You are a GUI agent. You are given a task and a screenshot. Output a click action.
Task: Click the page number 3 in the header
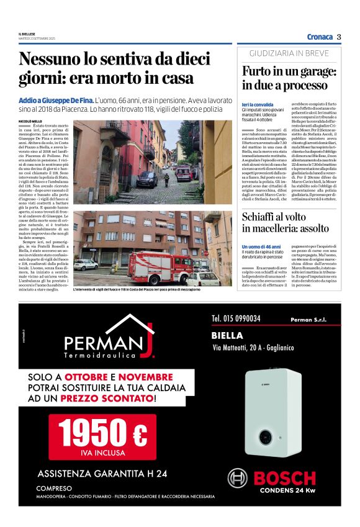[339, 37]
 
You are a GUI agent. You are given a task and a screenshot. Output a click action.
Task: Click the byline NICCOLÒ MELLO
[31, 120]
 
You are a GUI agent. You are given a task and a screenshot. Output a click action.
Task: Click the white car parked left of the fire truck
[86, 265]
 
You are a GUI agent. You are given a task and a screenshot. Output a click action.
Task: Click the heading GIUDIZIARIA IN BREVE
[289, 53]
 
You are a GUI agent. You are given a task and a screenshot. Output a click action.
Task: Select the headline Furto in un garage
[289, 78]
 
